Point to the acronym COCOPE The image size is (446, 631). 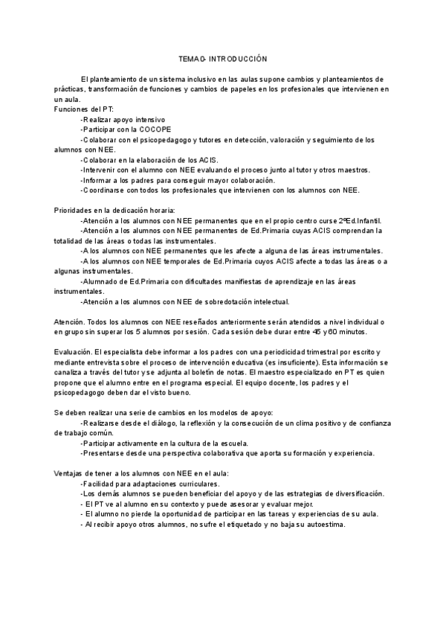point(154,129)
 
